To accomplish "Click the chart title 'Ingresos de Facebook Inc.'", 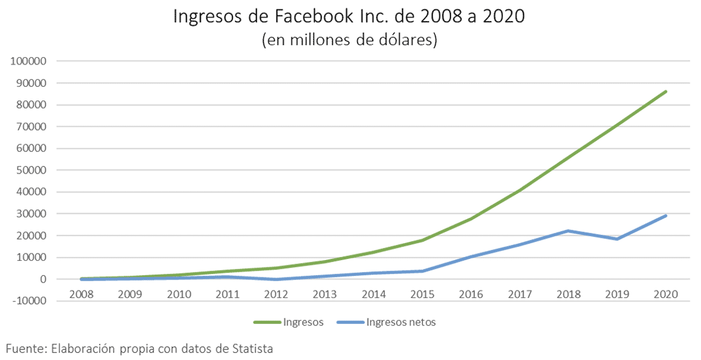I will [349, 16].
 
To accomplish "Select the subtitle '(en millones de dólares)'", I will [349, 40].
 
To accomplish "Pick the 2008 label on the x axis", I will [81, 295].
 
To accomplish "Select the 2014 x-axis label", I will [373, 295].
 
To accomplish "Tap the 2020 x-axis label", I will [666, 295].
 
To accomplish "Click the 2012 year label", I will [276, 295].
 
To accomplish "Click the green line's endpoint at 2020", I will [666, 91].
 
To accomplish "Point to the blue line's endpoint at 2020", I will [666, 216].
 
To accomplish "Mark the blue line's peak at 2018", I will [568, 231].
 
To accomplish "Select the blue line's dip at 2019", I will [617, 239].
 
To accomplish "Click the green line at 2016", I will [471, 219].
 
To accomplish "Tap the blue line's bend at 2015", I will [422, 271].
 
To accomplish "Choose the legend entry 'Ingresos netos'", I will [401, 322].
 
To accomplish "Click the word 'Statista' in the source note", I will [252, 349].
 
